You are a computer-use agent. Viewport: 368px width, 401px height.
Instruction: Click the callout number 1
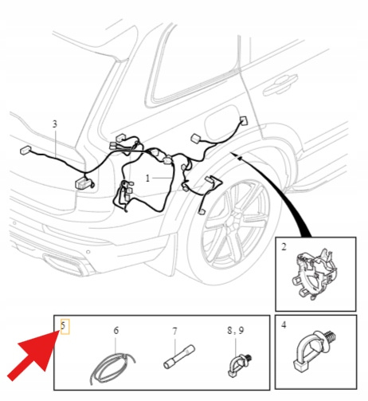click(147, 178)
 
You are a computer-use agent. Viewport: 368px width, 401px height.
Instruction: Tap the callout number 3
click(55, 124)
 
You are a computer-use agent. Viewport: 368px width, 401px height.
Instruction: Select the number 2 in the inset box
click(284, 247)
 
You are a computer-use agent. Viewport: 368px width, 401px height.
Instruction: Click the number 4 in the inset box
click(284, 324)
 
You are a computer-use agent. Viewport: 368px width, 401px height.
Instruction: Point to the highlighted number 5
click(63, 325)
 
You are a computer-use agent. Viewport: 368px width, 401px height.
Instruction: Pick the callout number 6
click(116, 331)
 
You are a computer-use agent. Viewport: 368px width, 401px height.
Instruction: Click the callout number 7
click(174, 331)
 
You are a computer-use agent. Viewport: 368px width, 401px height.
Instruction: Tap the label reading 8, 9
click(236, 330)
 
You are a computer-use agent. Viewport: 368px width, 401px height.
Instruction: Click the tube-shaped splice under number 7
click(179, 356)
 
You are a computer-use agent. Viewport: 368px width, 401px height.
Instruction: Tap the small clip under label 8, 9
click(239, 365)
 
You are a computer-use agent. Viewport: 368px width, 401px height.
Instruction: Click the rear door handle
click(280, 83)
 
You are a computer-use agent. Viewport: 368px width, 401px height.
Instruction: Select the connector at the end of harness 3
click(25, 150)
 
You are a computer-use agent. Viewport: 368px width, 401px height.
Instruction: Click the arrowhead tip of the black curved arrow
click(230, 152)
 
